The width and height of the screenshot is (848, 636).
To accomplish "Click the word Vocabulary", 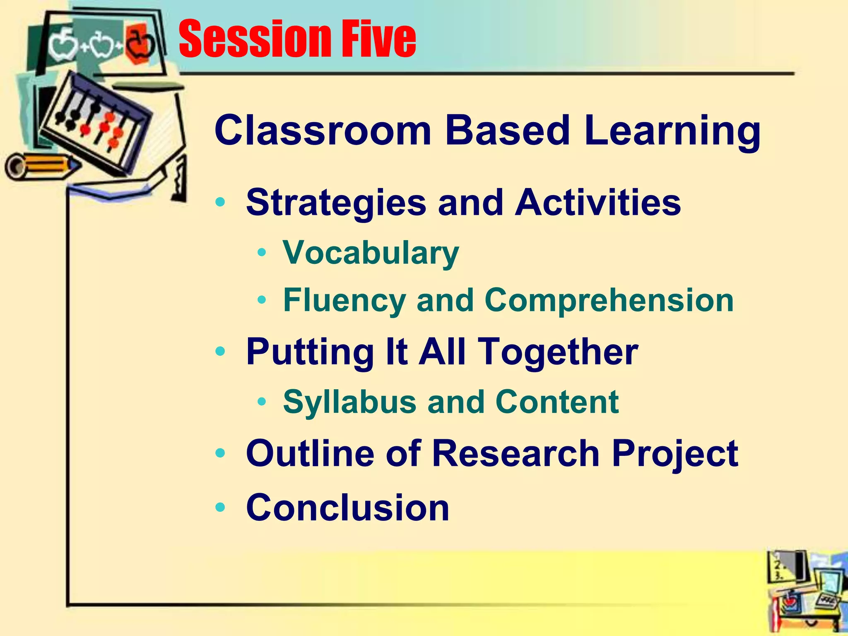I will click(x=371, y=253).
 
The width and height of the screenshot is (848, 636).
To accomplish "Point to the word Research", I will click(x=516, y=453).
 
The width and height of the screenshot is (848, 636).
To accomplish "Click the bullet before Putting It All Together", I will click(x=220, y=352).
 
